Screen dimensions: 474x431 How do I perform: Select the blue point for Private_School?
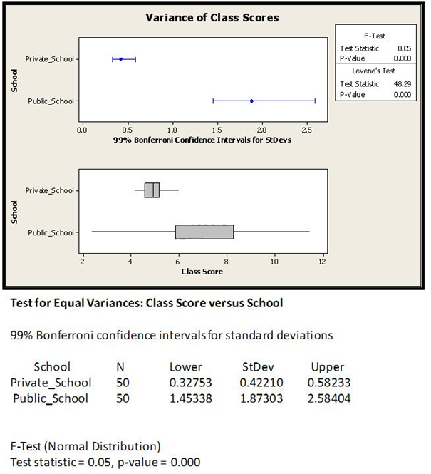click(120, 59)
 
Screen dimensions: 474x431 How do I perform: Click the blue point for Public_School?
click(251, 101)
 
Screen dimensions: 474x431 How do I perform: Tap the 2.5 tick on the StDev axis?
click(306, 130)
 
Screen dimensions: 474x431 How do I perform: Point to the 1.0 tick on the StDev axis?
click(172, 130)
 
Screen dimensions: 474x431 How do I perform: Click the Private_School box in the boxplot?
click(152, 190)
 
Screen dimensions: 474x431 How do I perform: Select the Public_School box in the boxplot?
click(204, 232)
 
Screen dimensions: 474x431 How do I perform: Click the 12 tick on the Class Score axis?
click(322, 262)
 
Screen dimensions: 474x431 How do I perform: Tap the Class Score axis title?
click(202, 272)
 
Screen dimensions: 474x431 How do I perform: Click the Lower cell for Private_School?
click(185, 383)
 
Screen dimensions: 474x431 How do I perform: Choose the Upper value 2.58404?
click(328, 398)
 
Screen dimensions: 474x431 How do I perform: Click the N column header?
click(120, 367)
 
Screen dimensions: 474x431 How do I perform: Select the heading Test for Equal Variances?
click(146, 303)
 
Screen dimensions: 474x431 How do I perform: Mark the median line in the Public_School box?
click(204, 232)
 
